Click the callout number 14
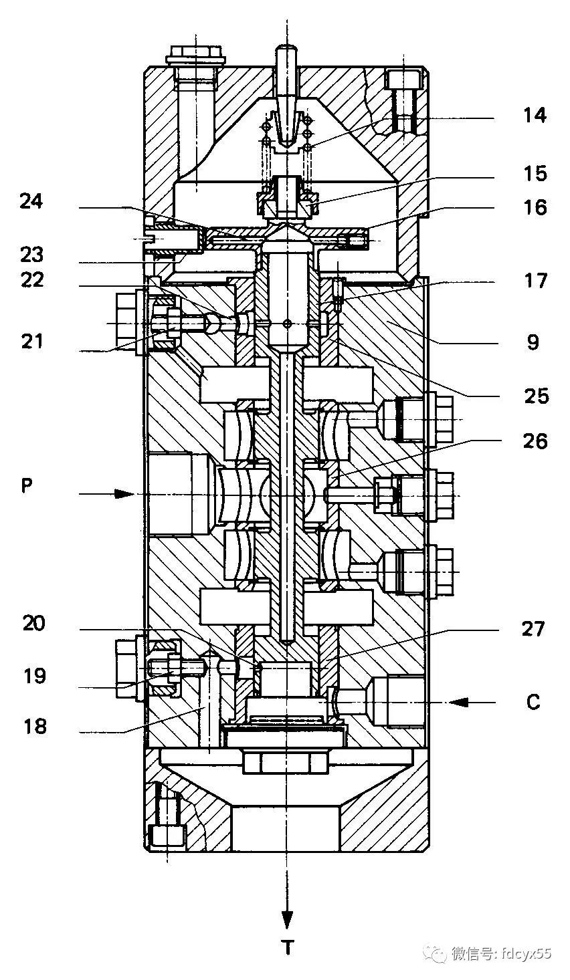535,116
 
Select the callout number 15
535,174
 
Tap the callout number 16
535,207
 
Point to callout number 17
535,281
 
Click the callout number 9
533,342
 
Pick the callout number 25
537,396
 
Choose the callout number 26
535,442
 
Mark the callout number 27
533,629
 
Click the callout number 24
31,201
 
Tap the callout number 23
31,255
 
